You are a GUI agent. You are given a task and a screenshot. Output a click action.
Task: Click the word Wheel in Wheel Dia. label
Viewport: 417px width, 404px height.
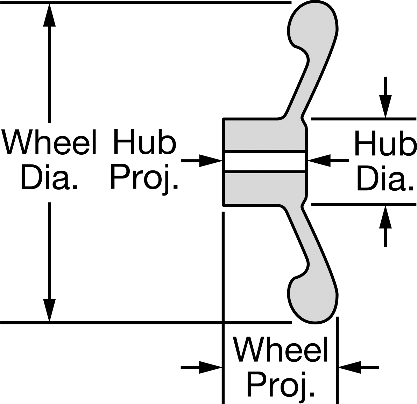coord(49,142)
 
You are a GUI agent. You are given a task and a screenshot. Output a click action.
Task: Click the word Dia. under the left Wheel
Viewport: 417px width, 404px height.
coord(49,177)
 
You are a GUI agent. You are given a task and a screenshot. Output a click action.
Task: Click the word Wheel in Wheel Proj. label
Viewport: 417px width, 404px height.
coord(280,349)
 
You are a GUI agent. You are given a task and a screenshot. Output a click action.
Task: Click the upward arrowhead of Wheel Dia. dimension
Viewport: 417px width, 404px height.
coord(49,15)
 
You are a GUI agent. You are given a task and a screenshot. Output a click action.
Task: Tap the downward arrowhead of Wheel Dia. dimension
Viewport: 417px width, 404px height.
coord(49,310)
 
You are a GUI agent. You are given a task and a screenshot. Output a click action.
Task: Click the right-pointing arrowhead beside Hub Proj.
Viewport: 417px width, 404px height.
coord(211,161)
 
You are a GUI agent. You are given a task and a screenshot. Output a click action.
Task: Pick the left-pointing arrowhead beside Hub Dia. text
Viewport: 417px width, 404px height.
coord(319,161)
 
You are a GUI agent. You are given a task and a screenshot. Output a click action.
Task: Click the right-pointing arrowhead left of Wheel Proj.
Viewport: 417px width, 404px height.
coord(211,367)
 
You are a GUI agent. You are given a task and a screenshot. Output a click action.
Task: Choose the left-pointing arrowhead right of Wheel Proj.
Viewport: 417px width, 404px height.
coord(349,367)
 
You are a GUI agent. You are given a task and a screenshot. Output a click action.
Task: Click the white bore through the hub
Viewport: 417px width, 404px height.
coord(265,162)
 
